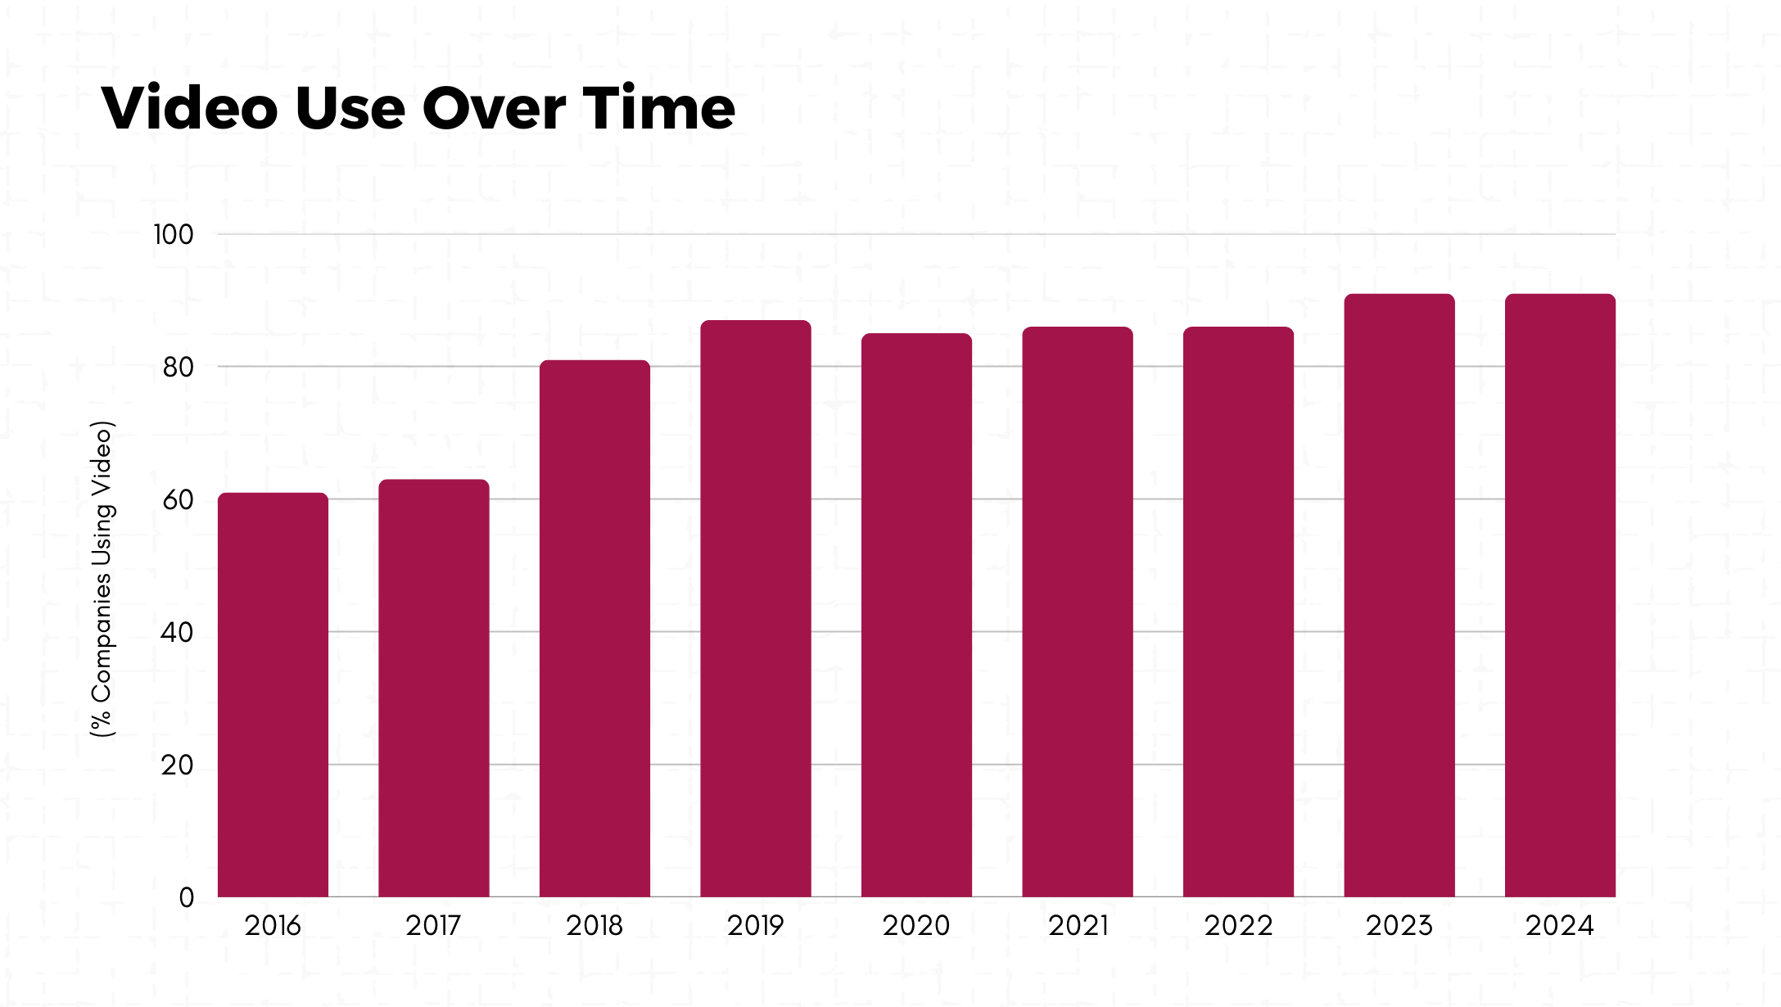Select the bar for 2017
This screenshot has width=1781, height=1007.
click(433, 688)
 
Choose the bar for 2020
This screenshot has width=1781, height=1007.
click(916, 615)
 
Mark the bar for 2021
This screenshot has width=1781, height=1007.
click(1078, 612)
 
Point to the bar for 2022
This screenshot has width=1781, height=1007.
click(1238, 612)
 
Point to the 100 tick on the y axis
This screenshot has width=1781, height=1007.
click(174, 235)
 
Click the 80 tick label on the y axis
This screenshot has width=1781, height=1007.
click(178, 368)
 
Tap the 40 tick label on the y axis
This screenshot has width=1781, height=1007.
click(177, 633)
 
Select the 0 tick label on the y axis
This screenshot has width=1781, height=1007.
click(187, 898)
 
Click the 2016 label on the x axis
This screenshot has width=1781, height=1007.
click(273, 926)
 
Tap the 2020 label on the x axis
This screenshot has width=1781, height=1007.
click(916, 926)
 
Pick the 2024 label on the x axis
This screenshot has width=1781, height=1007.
click(1560, 926)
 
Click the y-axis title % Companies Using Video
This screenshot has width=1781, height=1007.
click(102, 579)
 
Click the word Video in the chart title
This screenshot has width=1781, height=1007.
click(190, 108)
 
